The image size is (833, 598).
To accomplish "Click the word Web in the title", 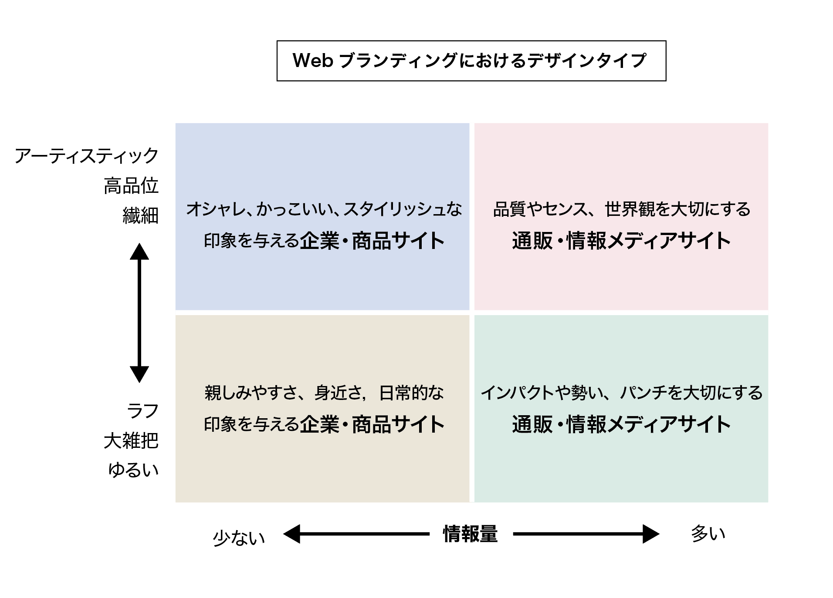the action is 313,60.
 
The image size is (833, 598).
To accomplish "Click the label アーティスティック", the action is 86,156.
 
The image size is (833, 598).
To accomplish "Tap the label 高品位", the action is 131,186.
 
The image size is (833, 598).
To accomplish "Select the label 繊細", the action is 140,215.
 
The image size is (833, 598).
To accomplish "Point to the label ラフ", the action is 142,411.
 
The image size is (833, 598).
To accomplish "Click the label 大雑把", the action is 131,441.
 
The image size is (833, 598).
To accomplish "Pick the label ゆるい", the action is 133,470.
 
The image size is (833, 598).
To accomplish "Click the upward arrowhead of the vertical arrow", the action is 139,252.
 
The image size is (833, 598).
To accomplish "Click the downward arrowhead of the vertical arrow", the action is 139,374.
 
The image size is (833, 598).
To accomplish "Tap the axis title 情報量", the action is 470,534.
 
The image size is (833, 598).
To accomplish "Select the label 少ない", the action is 239,538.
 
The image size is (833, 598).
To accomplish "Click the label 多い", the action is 708,534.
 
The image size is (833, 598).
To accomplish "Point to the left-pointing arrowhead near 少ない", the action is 292,534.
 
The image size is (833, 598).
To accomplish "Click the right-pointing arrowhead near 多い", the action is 651,534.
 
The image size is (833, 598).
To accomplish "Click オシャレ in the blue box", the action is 214,209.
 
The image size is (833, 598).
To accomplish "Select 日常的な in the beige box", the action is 411,393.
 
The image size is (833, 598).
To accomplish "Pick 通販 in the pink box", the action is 532,241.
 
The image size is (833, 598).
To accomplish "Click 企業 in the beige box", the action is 319,424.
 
